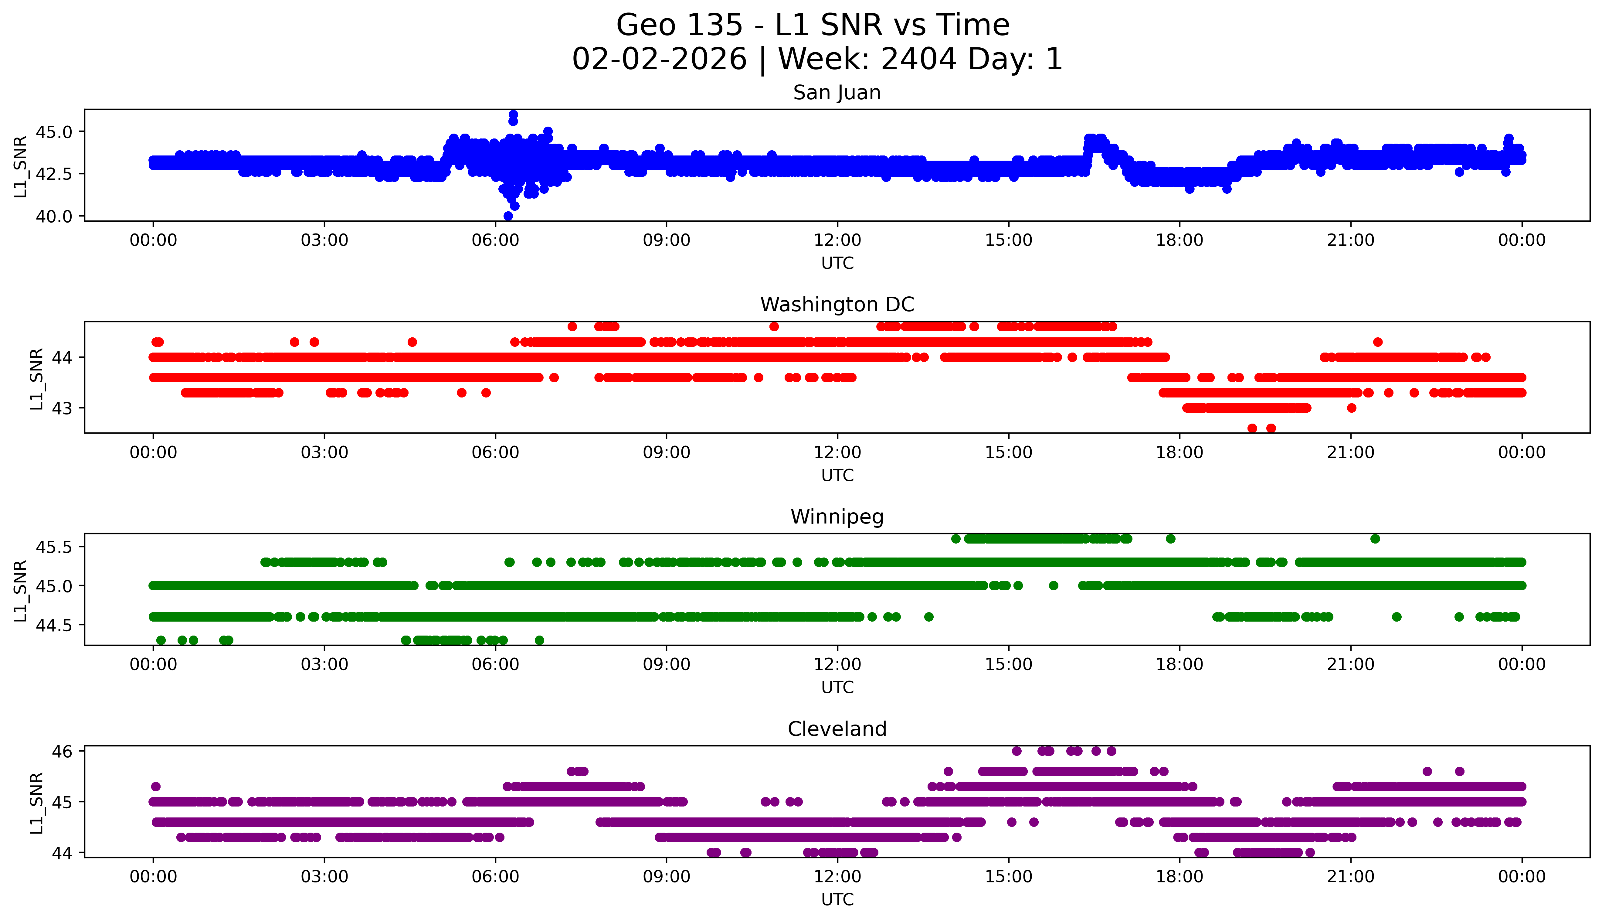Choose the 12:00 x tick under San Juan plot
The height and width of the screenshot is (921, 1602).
(x=837, y=240)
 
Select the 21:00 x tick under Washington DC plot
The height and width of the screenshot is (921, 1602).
(x=1350, y=452)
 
